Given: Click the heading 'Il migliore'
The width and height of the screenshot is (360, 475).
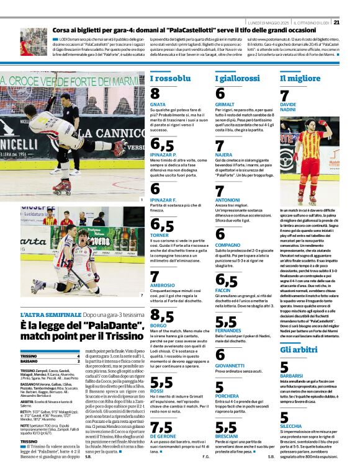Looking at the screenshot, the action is click(300, 79).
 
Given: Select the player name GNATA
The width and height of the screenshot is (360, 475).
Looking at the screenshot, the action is click(158, 105).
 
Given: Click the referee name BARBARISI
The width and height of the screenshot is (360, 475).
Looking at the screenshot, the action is click(292, 376).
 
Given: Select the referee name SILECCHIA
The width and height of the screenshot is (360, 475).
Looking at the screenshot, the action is click(291, 427).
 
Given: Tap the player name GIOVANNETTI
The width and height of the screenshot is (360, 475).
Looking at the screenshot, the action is click(231, 365).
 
